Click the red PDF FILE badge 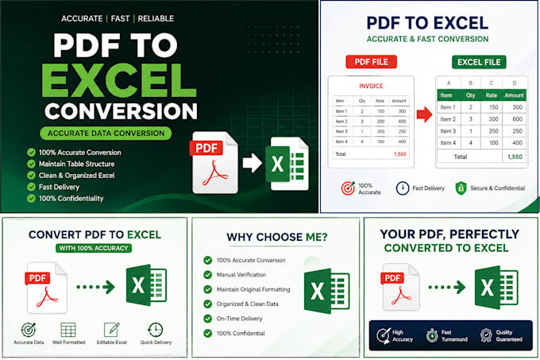click(x=372, y=62)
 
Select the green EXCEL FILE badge click(x=479, y=62)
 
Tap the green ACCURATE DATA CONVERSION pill click(x=106, y=134)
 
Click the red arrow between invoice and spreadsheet click(x=424, y=114)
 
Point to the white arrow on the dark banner click(x=253, y=163)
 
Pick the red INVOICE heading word click(x=371, y=86)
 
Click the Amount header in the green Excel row click(x=514, y=95)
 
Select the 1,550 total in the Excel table click(x=515, y=157)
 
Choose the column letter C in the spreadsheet click(x=492, y=83)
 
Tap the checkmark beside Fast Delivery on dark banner click(x=31, y=187)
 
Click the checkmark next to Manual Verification click(x=208, y=274)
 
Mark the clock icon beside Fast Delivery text click(x=403, y=188)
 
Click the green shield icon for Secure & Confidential click(x=461, y=188)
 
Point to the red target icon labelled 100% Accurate click(x=348, y=188)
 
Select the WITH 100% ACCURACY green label click(x=94, y=248)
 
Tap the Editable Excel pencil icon click(x=112, y=330)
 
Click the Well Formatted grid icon click(x=68, y=330)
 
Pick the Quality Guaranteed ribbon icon click(x=486, y=335)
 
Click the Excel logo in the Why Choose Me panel click(x=326, y=291)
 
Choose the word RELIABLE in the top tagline click(x=156, y=18)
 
